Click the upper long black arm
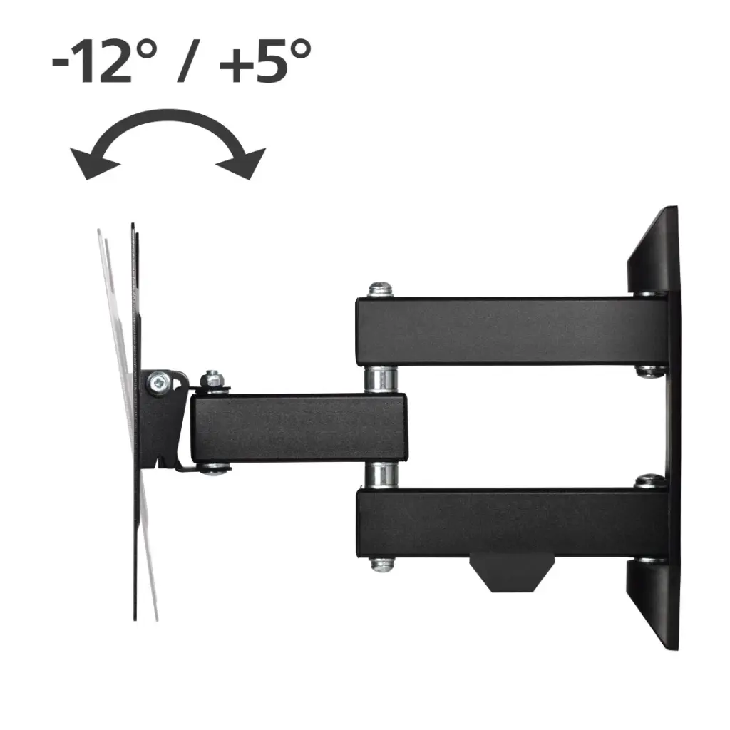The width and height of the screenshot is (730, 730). [x=510, y=331]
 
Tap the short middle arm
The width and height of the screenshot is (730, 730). [x=299, y=428]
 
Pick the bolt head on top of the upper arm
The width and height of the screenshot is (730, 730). [x=380, y=289]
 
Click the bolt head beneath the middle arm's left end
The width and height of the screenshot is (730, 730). [x=213, y=469]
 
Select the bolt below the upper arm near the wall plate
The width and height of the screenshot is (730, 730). [x=649, y=370]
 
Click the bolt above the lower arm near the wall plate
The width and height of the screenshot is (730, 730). [x=649, y=480]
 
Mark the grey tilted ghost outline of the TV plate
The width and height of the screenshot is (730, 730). [x=114, y=321]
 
